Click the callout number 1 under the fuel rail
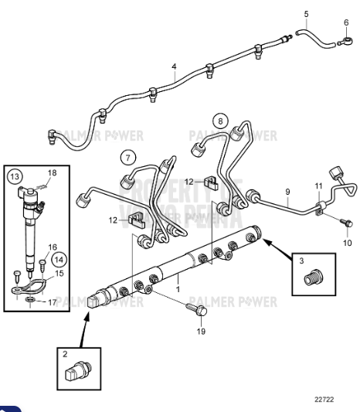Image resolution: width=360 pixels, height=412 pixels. coord(177,288)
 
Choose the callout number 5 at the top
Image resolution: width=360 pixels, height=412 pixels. coord(305,14)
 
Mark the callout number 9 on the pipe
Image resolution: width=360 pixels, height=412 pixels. coord(287,191)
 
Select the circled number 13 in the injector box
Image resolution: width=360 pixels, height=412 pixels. coord(16,177)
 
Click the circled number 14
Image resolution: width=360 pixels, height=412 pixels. coord(59,260)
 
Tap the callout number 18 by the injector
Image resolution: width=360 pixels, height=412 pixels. coord(52,173)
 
